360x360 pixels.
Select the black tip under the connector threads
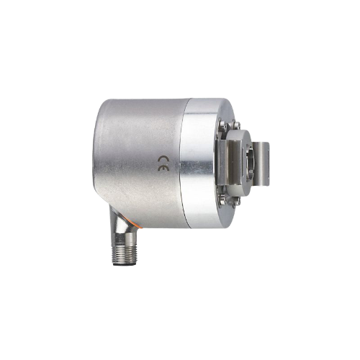click(x=124, y=264)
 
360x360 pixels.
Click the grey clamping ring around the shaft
click(x=240, y=163)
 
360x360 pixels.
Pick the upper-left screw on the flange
click(x=222, y=125)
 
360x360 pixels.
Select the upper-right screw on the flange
click(x=236, y=125)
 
